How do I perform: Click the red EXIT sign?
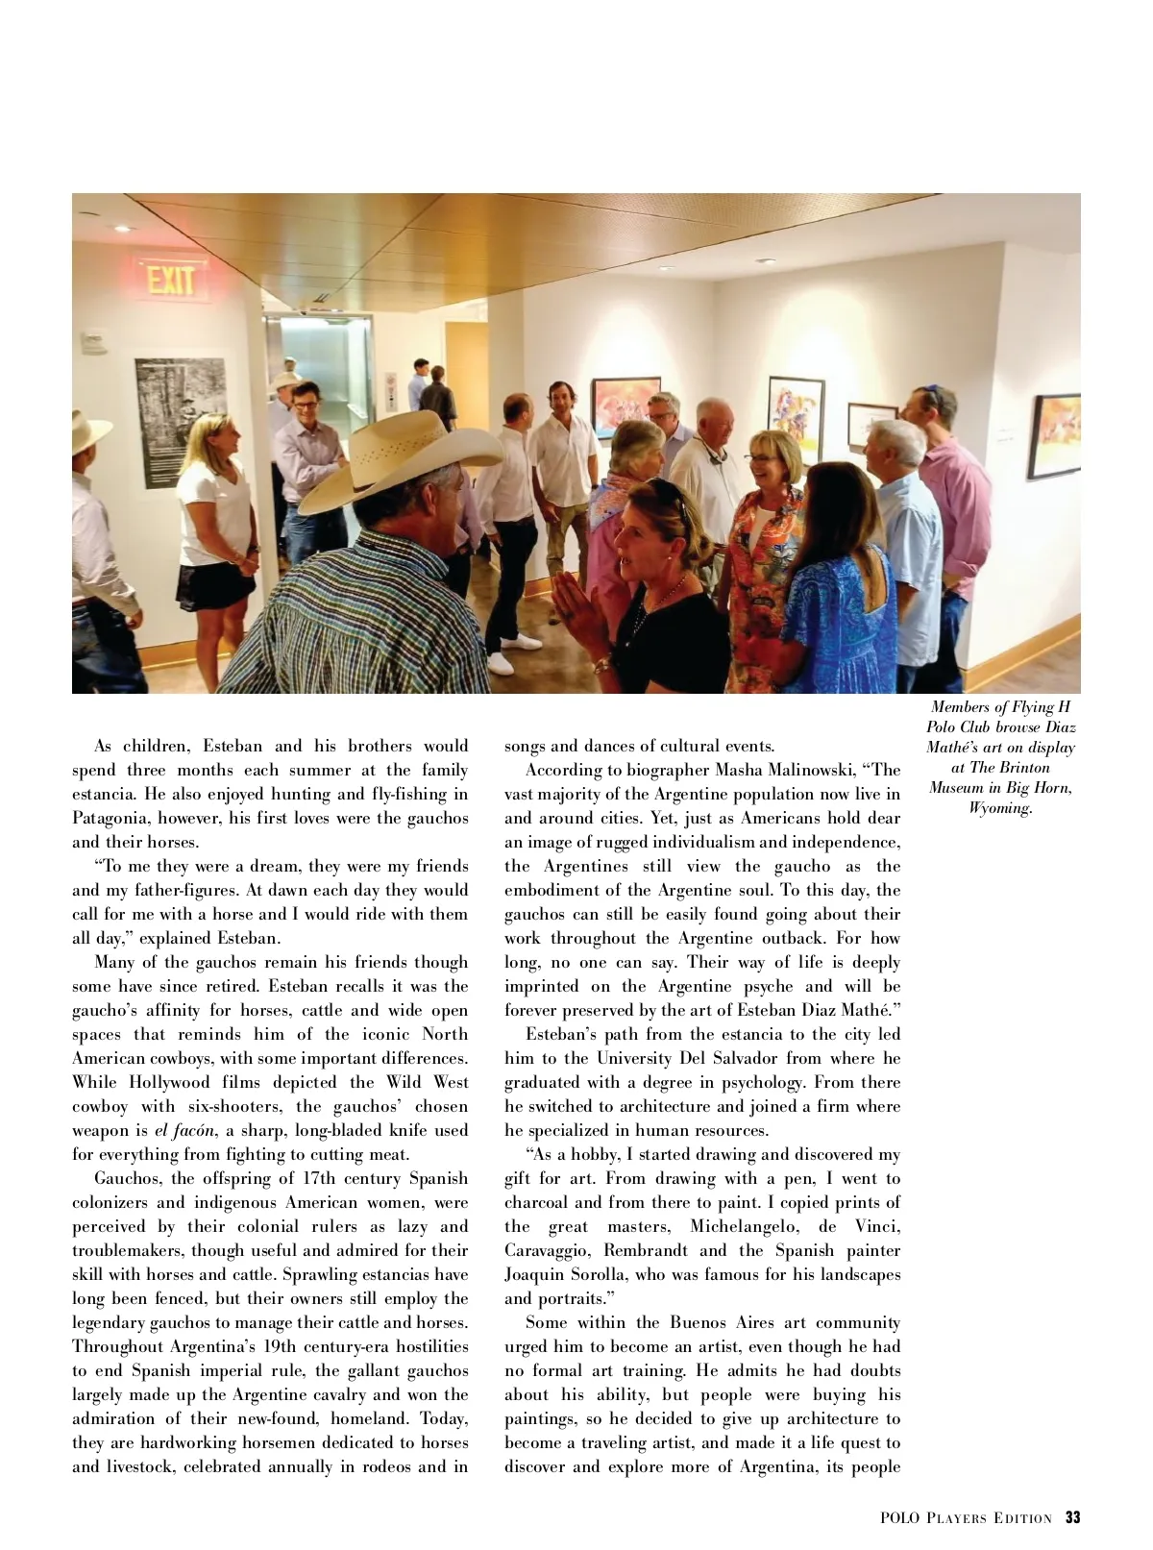[x=173, y=279]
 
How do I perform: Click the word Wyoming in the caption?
[x=999, y=808]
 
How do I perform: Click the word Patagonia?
[x=110, y=818]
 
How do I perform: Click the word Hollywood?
[x=169, y=1082]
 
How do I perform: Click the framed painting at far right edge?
[x=1054, y=435]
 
